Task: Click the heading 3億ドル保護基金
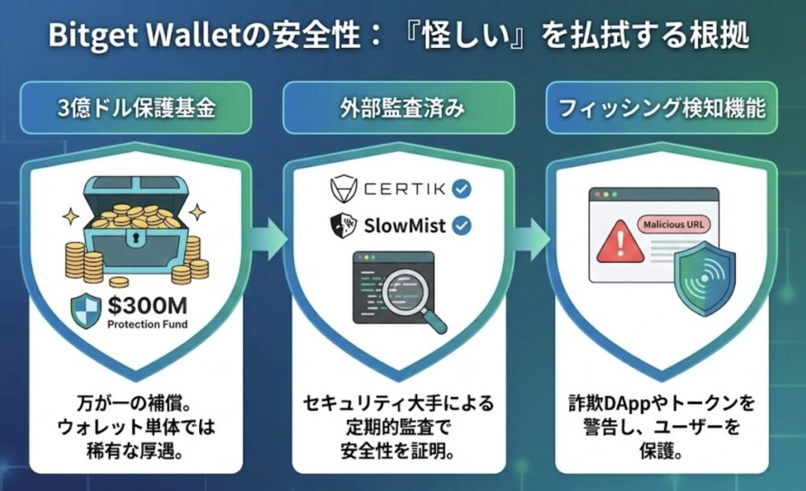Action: (x=135, y=108)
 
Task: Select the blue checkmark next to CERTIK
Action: (x=463, y=190)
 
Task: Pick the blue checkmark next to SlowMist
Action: (x=463, y=227)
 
